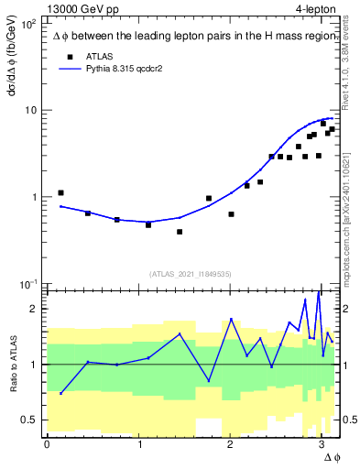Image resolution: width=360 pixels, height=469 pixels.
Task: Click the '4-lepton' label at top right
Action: pos(316,8)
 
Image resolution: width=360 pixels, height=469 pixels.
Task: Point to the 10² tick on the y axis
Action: pos(28,24)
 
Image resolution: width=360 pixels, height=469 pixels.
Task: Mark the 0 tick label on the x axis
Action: pos(47,444)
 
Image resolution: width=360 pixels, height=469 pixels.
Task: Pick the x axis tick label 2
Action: pos(230,444)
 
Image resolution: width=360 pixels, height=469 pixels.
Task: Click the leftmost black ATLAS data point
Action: pos(60,193)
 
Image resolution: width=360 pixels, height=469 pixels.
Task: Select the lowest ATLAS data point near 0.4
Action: pos(180,232)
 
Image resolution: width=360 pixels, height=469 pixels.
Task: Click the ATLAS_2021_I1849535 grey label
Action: pos(191,274)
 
